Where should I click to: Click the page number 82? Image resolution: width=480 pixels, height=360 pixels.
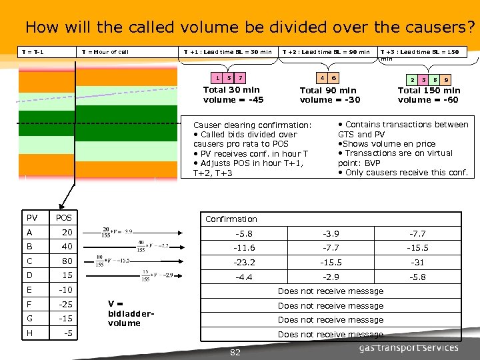click(x=235, y=352)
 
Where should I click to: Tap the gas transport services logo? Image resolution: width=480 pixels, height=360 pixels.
click(x=409, y=347)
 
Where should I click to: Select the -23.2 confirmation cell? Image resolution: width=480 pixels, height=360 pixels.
click(x=244, y=263)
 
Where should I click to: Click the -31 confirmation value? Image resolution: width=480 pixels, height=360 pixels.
click(x=417, y=263)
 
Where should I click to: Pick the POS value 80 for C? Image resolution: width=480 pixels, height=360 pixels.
click(x=67, y=261)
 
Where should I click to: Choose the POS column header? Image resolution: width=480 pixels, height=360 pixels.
click(x=65, y=218)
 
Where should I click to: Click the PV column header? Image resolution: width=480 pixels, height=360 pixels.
click(x=32, y=218)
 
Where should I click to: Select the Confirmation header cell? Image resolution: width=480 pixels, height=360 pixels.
click(x=231, y=219)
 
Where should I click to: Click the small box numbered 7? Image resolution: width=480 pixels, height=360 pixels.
click(x=241, y=77)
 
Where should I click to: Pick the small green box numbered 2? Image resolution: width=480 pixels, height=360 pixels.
click(x=413, y=79)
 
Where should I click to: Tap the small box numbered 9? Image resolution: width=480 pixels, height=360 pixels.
click(x=446, y=79)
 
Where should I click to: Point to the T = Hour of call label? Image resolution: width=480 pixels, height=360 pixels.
click(x=105, y=52)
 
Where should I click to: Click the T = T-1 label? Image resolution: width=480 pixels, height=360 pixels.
click(x=33, y=52)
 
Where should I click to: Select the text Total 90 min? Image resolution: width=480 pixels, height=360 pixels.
click(x=328, y=91)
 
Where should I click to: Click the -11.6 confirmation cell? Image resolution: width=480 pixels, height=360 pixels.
click(x=244, y=248)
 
